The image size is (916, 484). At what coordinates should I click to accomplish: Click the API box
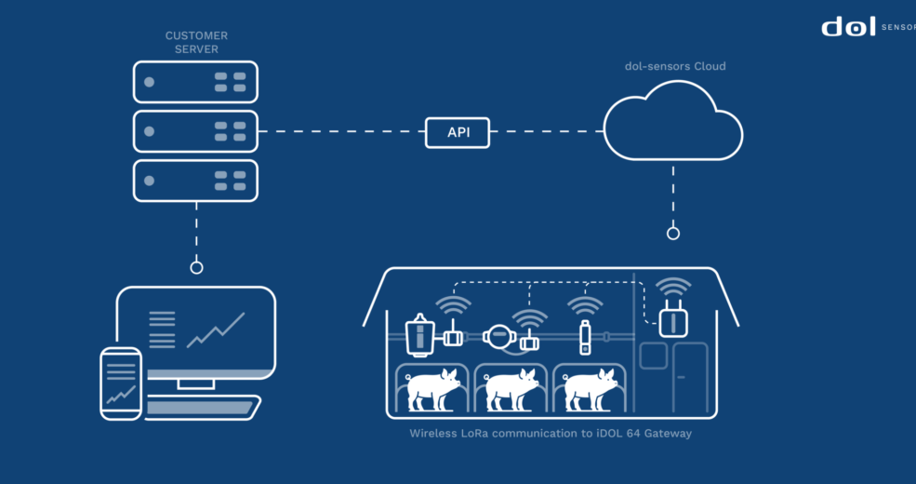point(458,132)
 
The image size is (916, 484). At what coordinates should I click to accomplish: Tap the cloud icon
point(672,123)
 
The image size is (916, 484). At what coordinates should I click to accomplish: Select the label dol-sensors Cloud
point(674,66)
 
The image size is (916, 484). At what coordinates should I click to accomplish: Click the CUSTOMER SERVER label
point(196,42)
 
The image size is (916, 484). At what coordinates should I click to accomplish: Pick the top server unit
point(195,82)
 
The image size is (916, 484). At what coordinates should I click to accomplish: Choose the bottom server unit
point(195,180)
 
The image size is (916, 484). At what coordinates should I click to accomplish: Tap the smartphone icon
point(121,383)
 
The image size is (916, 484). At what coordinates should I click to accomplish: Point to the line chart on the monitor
point(215,329)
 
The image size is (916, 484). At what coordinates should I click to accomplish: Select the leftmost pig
point(432,387)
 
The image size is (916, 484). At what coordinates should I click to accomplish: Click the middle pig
point(511,387)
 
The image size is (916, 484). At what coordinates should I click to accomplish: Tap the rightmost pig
point(591,387)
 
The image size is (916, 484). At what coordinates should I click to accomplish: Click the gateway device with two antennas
point(672,319)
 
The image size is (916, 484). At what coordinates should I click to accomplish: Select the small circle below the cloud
point(673,233)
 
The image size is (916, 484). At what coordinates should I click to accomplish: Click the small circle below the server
point(196,267)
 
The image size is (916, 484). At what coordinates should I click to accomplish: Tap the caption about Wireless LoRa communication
point(551,434)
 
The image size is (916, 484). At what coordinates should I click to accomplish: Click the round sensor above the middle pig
point(499,337)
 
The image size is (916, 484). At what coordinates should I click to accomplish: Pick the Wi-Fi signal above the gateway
point(672,286)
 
